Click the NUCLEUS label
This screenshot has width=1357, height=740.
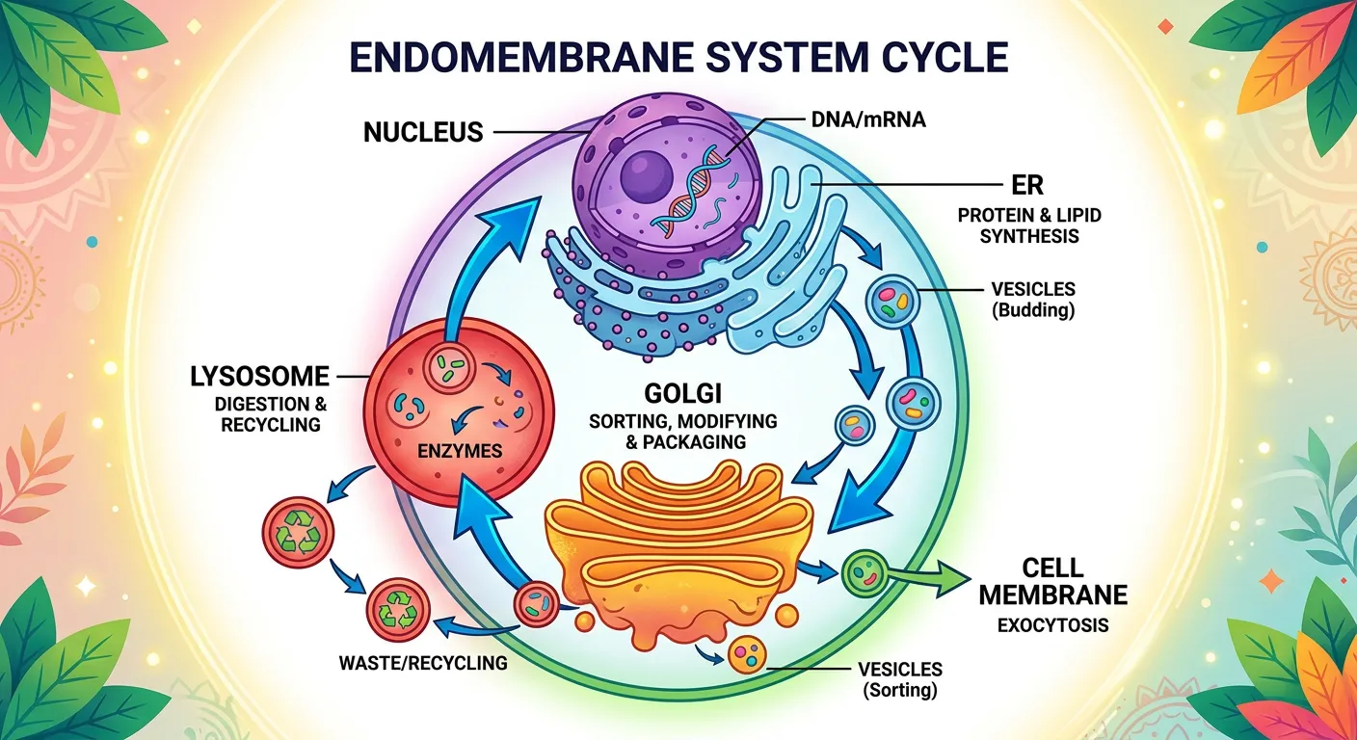[423, 131]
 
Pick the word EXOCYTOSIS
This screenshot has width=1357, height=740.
[1052, 625]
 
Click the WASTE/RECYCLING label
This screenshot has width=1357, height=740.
[423, 663]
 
